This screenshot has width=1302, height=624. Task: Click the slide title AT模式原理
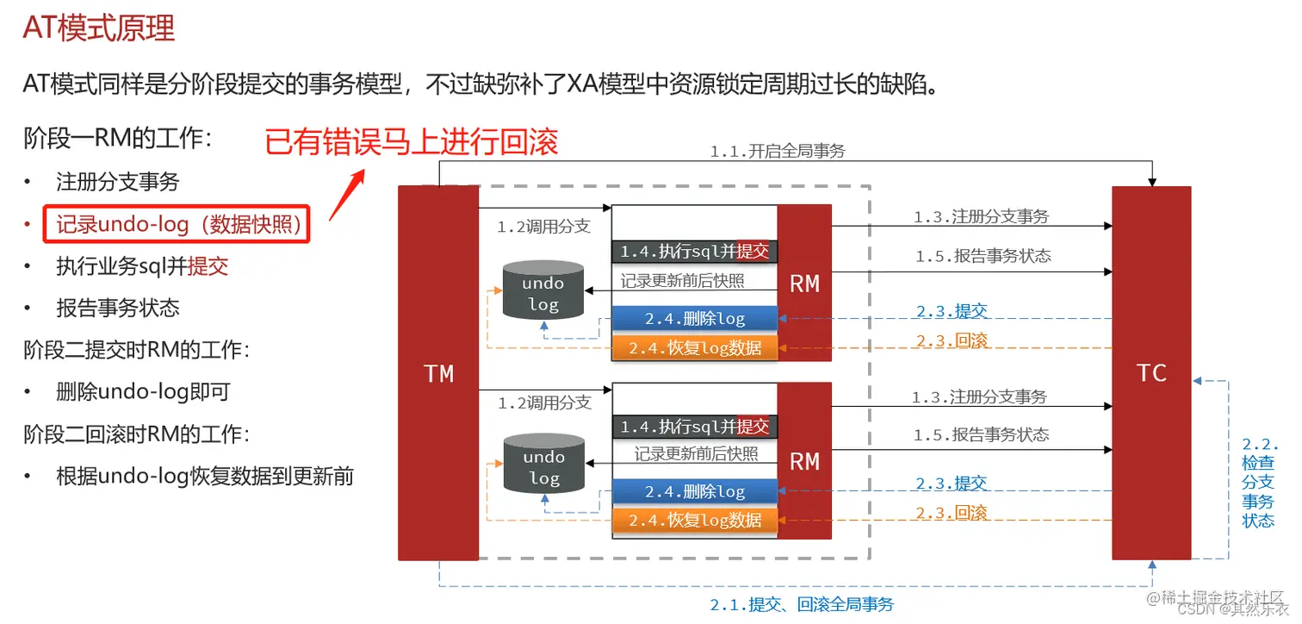tap(99, 29)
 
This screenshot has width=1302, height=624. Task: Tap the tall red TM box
tap(438, 372)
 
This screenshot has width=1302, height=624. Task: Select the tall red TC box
tap(1151, 372)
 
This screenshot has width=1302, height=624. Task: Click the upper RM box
tap(804, 283)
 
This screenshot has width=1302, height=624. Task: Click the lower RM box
tap(804, 461)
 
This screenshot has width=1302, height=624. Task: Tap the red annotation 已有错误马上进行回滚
tap(412, 141)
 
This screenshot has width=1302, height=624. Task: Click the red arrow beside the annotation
tap(347, 194)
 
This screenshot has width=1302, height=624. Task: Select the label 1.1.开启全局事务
tap(778, 152)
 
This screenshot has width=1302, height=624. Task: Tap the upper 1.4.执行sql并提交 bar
tap(694, 252)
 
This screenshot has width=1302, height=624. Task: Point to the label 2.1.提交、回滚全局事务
tap(802, 604)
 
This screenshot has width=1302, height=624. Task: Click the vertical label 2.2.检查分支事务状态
tap(1258, 483)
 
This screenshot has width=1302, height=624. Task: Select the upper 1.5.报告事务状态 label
tap(983, 256)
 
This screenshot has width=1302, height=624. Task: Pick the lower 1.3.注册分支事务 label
tap(979, 397)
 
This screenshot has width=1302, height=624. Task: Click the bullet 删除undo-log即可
tap(143, 392)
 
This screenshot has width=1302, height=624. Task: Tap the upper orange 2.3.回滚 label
tap(951, 340)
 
